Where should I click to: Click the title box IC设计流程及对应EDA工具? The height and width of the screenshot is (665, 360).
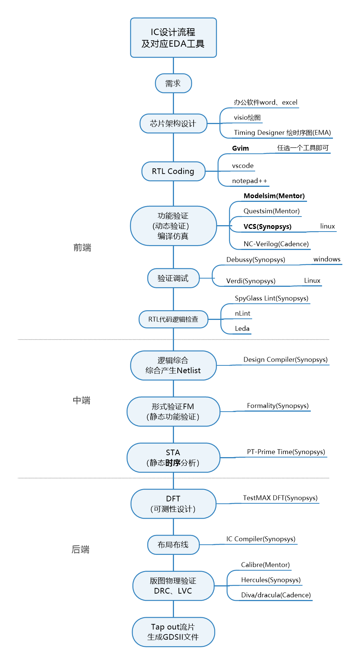(173, 38)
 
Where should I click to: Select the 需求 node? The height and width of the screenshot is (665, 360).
(173, 83)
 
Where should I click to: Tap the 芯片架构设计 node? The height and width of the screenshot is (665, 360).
(173, 124)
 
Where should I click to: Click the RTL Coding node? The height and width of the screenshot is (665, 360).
(173, 171)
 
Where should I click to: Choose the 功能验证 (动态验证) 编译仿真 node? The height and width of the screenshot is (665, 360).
(173, 226)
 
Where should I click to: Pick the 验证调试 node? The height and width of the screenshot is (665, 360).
(173, 278)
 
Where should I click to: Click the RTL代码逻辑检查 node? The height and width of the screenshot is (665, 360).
(173, 320)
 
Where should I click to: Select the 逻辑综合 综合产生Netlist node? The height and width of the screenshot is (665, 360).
(173, 365)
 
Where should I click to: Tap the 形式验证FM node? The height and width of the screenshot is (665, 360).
(173, 412)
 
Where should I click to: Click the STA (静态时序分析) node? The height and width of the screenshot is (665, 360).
(173, 458)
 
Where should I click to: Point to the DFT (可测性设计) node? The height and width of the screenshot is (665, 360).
(173, 504)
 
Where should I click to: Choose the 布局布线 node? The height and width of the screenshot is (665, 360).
(173, 545)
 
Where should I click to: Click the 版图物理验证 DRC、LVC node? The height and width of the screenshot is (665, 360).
(173, 586)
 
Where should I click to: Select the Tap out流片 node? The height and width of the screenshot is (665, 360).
(173, 632)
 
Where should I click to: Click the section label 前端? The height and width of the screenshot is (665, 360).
(82, 248)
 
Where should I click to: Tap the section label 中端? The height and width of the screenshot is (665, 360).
(82, 400)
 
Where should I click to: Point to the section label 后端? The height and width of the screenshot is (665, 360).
(81, 550)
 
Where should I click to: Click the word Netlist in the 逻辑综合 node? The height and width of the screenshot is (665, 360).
(189, 371)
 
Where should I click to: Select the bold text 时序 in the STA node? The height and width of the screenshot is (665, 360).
(173, 463)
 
